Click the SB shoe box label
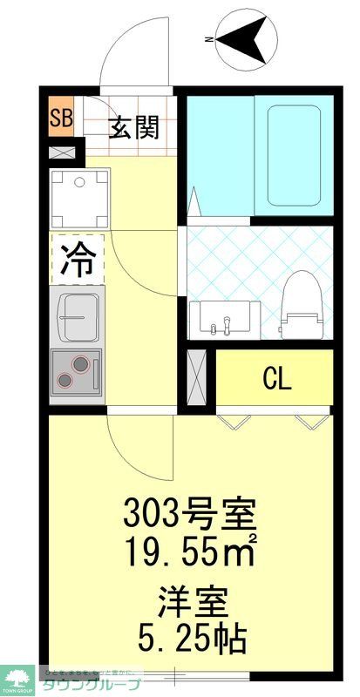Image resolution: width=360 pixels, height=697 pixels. pyautogui.click(x=61, y=118)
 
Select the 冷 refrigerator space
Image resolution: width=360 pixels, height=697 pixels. pyautogui.click(x=78, y=258)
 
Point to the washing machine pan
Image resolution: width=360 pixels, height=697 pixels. pyautogui.click(x=78, y=196)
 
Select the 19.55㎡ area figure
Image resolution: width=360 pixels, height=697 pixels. pyautogui.click(x=193, y=551)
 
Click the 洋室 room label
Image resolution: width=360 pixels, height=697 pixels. pyautogui.click(x=193, y=601)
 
